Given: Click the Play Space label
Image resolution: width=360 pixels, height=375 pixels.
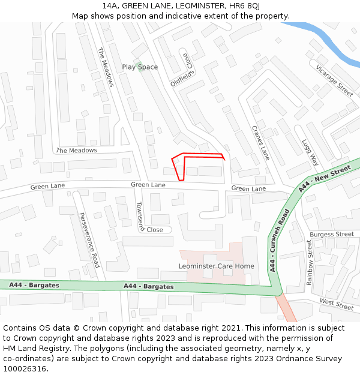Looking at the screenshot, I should point(140,67).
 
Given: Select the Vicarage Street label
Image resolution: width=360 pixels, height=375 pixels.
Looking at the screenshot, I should point(334,81).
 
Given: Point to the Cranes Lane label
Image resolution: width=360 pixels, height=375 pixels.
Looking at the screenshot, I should point(260,143).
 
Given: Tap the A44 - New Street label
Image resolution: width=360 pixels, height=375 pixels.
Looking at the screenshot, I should point(324,179).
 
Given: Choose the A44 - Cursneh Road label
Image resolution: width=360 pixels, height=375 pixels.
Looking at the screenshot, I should point(280,240).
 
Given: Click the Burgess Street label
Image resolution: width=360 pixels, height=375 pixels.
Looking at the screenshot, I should point(332,234).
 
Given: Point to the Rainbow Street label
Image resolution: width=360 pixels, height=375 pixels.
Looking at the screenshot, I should point(310,262).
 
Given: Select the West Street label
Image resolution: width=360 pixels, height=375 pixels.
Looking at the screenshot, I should point(336,304).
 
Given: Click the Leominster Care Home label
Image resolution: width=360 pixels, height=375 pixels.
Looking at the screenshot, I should point(216,266).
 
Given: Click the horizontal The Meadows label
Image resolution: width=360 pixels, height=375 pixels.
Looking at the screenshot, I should point(76,150).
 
